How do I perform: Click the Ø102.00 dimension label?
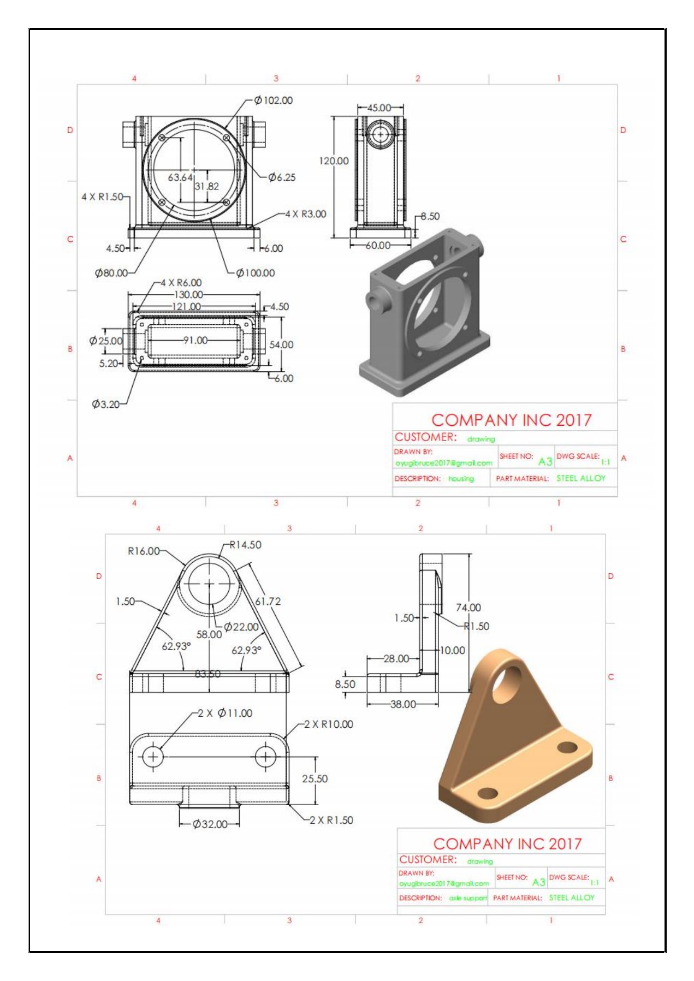274,100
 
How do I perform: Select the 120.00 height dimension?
334,161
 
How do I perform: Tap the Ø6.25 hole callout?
282,177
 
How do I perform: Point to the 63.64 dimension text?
180,177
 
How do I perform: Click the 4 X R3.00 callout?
306,214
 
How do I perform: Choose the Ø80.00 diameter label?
111,273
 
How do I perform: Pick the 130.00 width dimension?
188,295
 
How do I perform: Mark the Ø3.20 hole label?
106,405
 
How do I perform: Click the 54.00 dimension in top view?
281,345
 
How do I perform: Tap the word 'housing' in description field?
461,479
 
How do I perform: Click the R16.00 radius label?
144,551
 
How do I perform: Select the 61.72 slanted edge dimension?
268,602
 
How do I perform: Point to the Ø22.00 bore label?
241,627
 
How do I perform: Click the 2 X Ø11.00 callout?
225,714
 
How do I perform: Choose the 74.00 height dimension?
468,608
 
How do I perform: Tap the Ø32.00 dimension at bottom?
210,824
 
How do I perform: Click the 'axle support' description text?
468,898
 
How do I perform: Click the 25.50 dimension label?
315,779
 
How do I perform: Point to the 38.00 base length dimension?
403,704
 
